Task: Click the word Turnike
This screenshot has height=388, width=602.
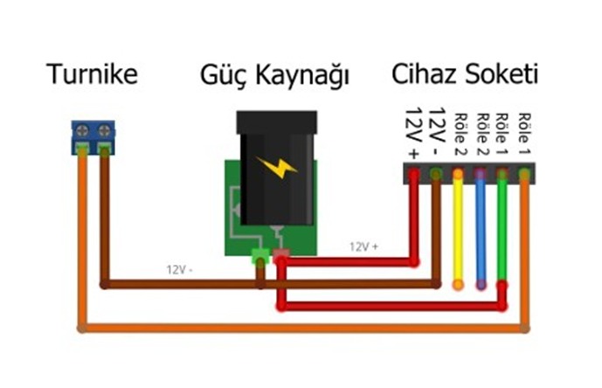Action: [x=92, y=74]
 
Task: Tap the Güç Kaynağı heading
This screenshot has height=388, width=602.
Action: [x=274, y=76]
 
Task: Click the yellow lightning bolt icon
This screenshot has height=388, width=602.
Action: [x=276, y=166]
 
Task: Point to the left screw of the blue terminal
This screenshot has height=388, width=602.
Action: [x=82, y=131]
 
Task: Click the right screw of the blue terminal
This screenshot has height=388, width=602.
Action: [x=104, y=131]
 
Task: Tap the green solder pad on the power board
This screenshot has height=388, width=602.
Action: [x=259, y=257]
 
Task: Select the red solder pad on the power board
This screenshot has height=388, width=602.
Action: [x=281, y=257]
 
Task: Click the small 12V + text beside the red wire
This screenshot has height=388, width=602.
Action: [x=364, y=246]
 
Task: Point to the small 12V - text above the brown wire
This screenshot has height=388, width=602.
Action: [x=181, y=269]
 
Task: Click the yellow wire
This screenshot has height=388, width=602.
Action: [x=458, y=232]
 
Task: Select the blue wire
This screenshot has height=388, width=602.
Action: [x=480, y=232]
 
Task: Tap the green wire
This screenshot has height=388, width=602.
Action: [x=502, y=227]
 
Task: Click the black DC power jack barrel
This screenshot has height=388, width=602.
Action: [x=276, y=175]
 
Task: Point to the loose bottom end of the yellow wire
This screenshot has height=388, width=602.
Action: [x=458, y=284]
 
